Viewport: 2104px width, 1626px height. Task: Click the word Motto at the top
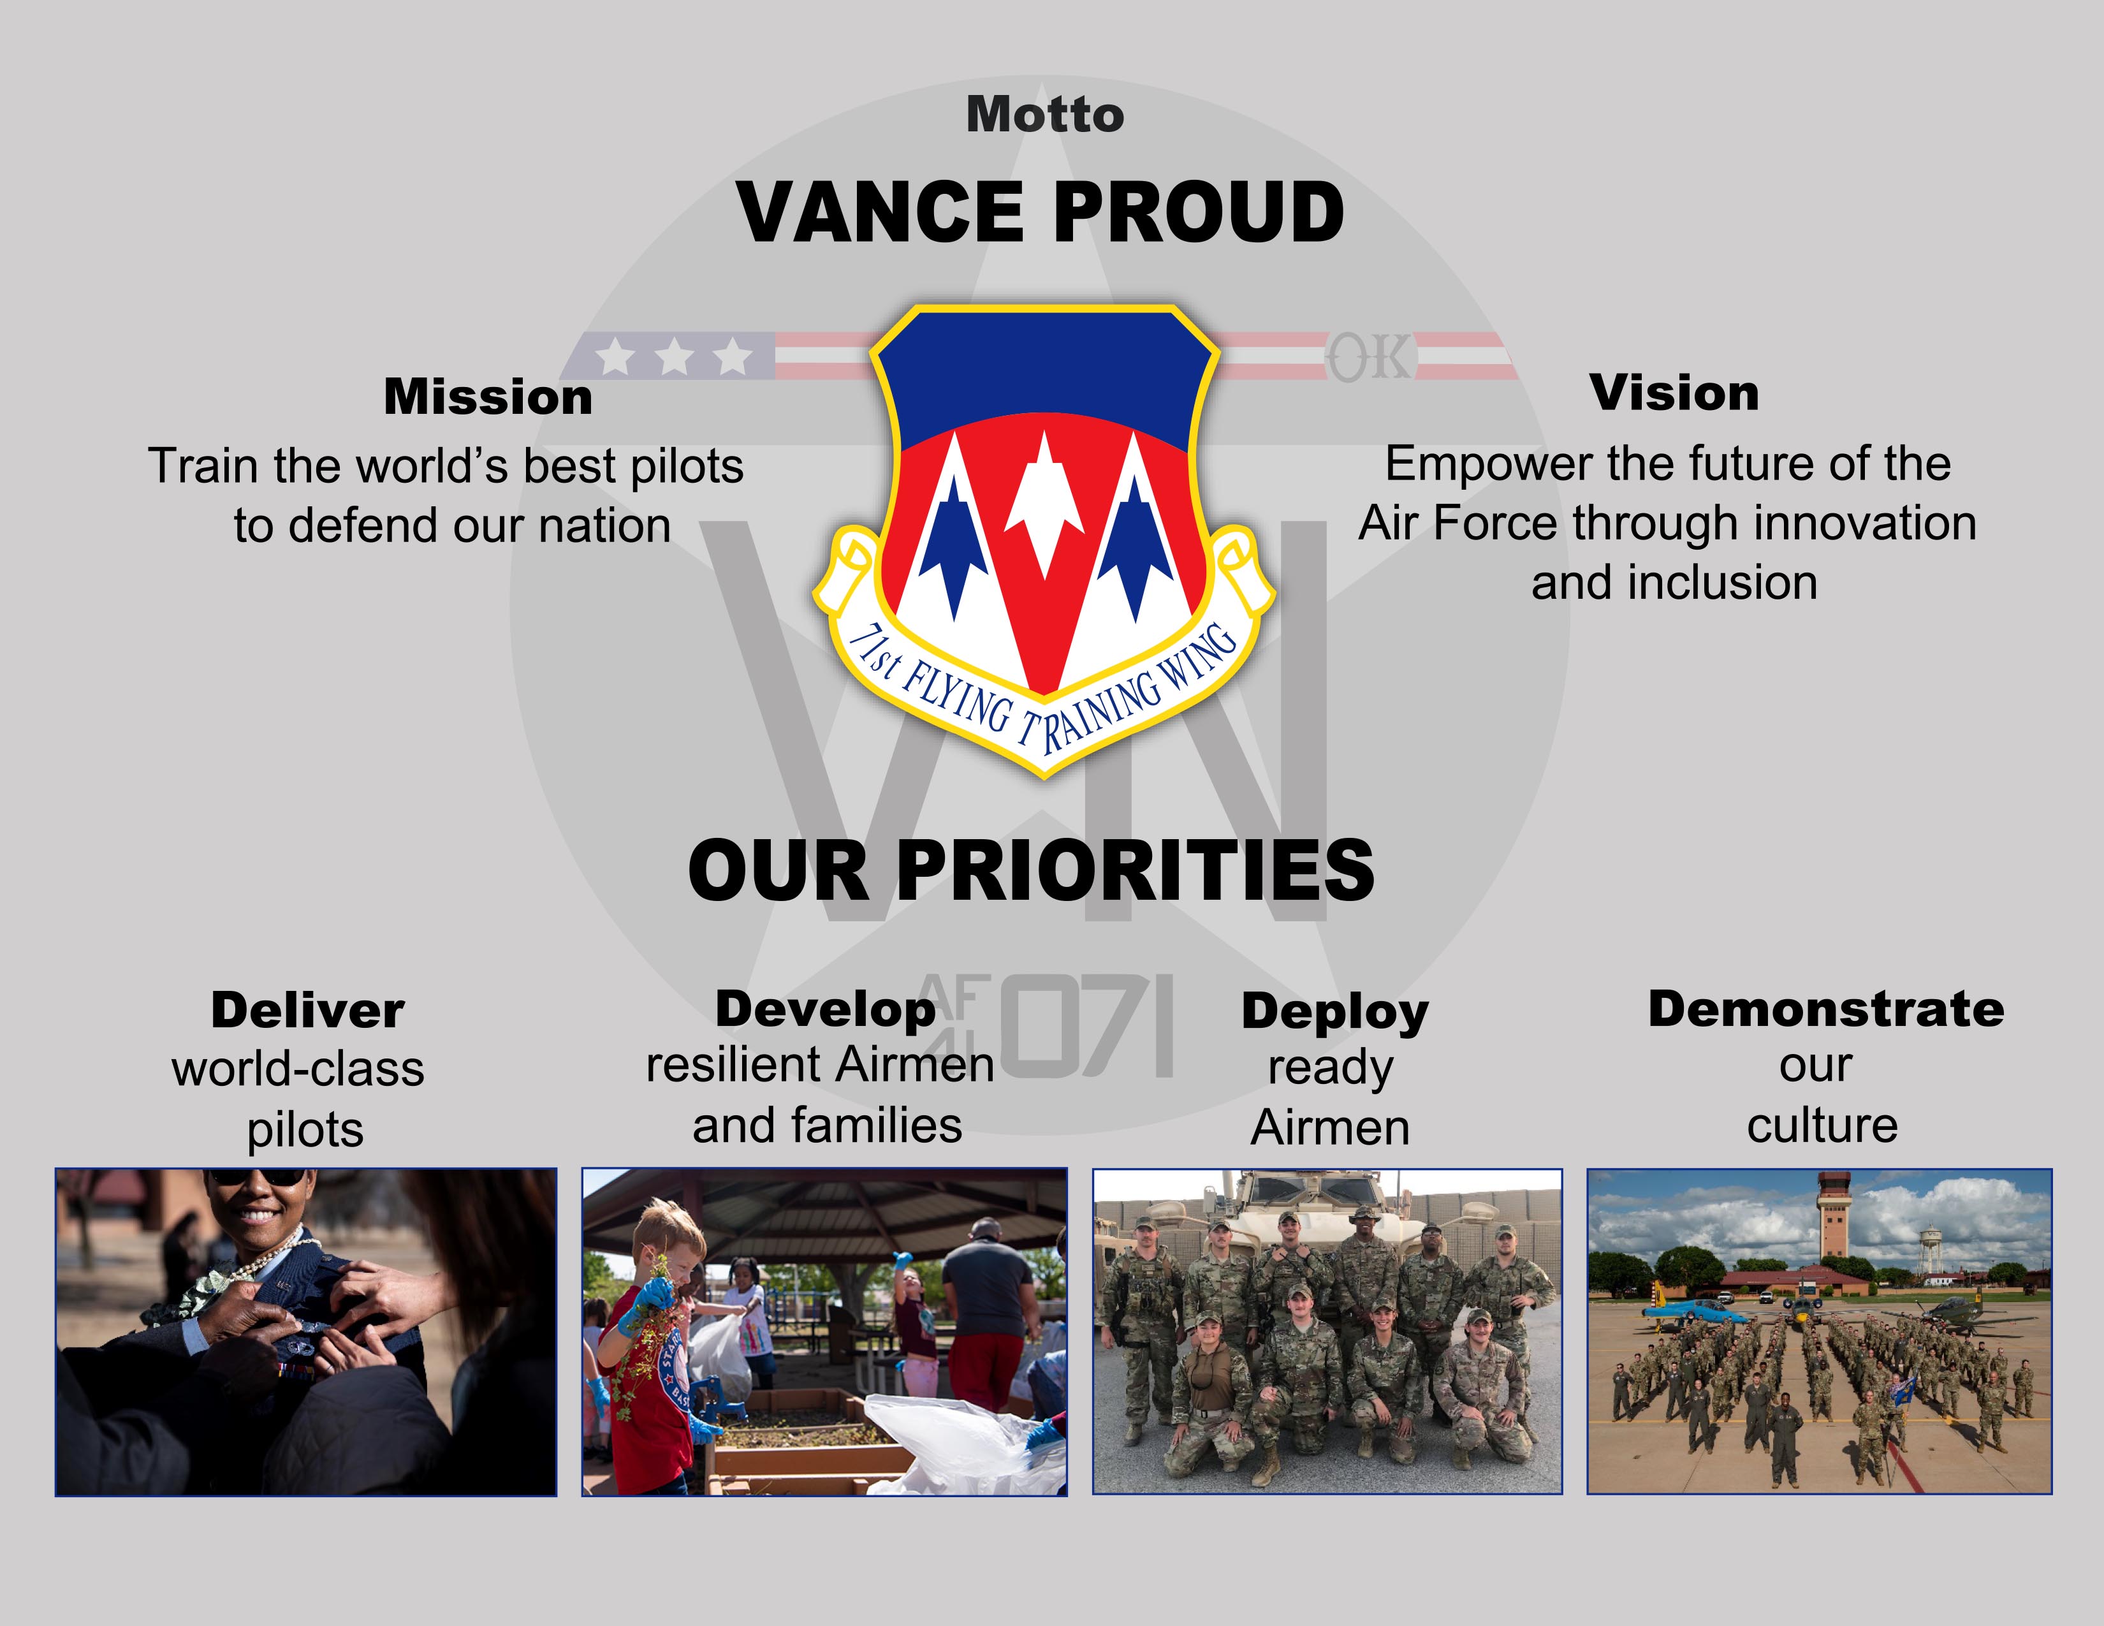(1045, 115)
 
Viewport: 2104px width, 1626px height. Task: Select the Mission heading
(488, 397)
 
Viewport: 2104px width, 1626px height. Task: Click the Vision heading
(1674, 393)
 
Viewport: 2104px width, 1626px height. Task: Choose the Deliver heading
(307, 1011)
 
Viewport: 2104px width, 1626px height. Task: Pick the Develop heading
(826, 1009)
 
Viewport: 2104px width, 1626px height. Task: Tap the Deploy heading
(1335, 1013)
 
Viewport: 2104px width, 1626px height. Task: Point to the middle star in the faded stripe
(675, 356)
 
